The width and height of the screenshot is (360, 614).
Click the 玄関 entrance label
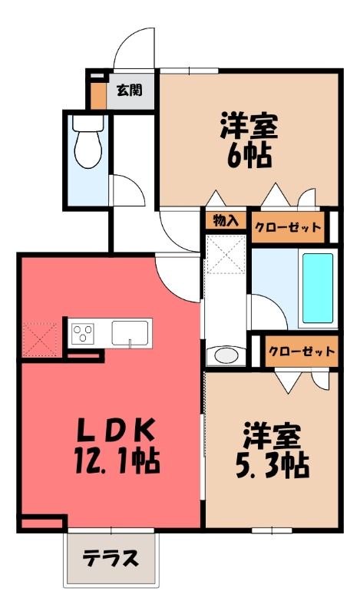(x=129, y=91)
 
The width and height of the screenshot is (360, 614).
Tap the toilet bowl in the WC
(x=88, y=149)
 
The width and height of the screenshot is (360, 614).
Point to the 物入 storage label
(x=225, y=221)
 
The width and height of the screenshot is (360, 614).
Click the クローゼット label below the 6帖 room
(x=288, y=227)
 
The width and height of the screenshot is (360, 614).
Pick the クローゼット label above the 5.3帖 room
(x=302, y=351)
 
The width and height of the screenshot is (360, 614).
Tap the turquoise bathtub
(x=318, y=288)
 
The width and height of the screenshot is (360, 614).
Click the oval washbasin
(x=226, y=355)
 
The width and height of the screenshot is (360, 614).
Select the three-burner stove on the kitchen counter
(x=83, y=333)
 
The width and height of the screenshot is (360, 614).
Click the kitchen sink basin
(x=130, y=333)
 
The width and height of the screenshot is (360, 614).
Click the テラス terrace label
(x=111, y=558)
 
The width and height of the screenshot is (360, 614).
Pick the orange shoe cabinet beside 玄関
(x=98, y=96)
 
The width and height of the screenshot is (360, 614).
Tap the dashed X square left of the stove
(x=40, y=339)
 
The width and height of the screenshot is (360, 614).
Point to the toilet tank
(x=88, y=123)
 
